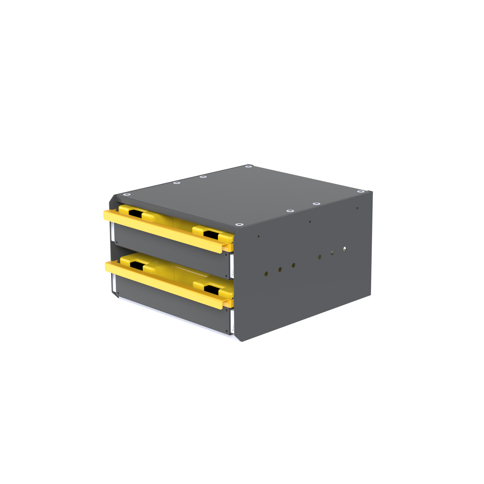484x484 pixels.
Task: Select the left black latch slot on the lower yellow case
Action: click(136, 265)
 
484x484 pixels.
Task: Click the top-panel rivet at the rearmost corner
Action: click(249, 166)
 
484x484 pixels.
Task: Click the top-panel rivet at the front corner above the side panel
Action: click(239, 224)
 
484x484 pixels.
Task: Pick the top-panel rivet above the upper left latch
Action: click(127, 195)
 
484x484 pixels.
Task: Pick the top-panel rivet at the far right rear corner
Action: click(361, 191)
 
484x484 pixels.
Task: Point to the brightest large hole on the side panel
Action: click(344, 249)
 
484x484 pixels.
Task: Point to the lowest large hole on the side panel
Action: click(266, 274)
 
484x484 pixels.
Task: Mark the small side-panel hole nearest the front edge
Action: click(258, 236)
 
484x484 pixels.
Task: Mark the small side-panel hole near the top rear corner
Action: click(357, 208)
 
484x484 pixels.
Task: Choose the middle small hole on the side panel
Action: click(310, 222)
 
